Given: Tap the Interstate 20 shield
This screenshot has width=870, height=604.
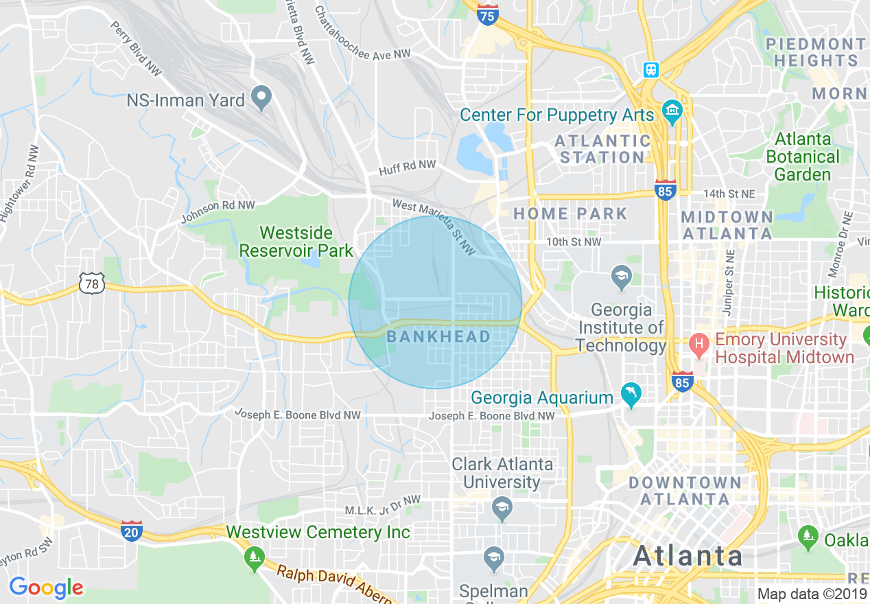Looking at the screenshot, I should (131, 531).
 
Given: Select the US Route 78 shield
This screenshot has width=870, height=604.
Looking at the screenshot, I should (91, 283).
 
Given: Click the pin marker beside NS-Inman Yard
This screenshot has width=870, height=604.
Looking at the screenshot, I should (260, 100).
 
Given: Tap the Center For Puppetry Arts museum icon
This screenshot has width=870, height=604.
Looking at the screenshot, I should (672, 111).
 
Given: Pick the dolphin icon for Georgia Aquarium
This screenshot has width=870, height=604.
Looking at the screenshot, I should (631, 394).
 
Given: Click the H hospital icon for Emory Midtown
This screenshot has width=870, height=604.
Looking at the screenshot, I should (699, 344).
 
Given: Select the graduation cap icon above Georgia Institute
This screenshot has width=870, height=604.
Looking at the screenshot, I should (621, 278).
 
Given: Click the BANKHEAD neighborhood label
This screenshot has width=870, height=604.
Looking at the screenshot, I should (438, 336).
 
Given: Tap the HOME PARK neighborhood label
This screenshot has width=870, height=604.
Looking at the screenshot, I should (570, 213).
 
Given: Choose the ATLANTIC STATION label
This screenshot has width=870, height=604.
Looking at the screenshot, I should (602, 149).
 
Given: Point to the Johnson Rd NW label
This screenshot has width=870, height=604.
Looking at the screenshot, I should (217, 212).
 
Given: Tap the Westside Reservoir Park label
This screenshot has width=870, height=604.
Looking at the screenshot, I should (296, 242).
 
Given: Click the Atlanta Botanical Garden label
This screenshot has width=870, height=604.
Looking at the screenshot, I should (802, 156).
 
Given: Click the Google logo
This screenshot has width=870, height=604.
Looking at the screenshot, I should (46, 588).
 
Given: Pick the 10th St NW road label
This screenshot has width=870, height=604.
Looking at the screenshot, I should (574, 242).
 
